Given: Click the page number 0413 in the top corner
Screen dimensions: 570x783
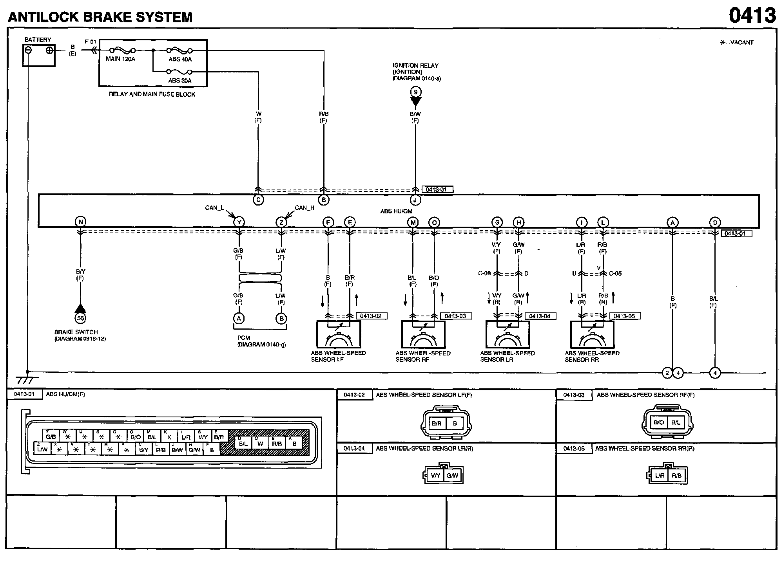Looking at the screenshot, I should (752, 16).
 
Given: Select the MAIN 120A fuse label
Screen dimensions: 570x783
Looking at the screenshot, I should (120, 59).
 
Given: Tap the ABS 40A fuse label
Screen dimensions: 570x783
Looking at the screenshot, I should (180, 60).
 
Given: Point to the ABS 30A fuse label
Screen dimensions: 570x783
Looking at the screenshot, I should (180, 81).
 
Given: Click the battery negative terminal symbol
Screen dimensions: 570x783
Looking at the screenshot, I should (28, 50).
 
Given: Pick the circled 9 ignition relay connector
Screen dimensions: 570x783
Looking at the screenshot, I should (415, 92).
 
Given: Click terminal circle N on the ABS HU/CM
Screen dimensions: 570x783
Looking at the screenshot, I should (80, 222).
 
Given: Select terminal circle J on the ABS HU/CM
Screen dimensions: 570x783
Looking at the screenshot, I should (415, 200).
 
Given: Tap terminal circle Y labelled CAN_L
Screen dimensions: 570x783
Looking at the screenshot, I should (239, 222).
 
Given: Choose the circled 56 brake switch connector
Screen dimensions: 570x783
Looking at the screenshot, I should (80, 318).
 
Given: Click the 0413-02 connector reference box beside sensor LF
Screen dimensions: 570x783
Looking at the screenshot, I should (371, 316).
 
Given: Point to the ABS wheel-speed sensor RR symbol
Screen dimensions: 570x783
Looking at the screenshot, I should (592, 335).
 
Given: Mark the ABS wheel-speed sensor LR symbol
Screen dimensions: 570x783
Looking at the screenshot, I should (507, 335).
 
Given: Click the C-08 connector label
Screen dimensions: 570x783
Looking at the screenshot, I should (484, 273).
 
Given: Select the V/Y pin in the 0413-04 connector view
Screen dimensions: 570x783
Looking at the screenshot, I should (435, 476).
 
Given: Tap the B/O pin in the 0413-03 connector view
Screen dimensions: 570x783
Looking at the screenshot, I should (659, 422).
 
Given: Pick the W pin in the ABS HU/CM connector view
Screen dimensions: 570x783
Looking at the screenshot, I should (260, 444).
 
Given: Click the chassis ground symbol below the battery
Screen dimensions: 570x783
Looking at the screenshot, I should (27, 379).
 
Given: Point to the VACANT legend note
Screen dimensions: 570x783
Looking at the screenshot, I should (737, 42).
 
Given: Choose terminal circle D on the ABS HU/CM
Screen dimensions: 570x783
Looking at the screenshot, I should (715, 222).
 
